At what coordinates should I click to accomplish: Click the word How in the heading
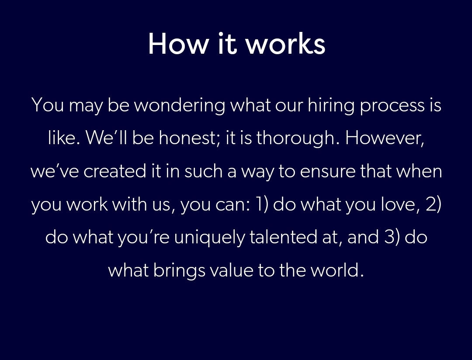click(178, 44)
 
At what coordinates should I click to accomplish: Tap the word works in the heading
click(286, 44)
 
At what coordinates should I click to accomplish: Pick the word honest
click(190, 138)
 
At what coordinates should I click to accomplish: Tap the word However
click(385, 138)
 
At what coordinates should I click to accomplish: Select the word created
click(115, 171)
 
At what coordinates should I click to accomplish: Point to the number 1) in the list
click(261, 204)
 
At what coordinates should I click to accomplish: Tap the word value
click(232, 270)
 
